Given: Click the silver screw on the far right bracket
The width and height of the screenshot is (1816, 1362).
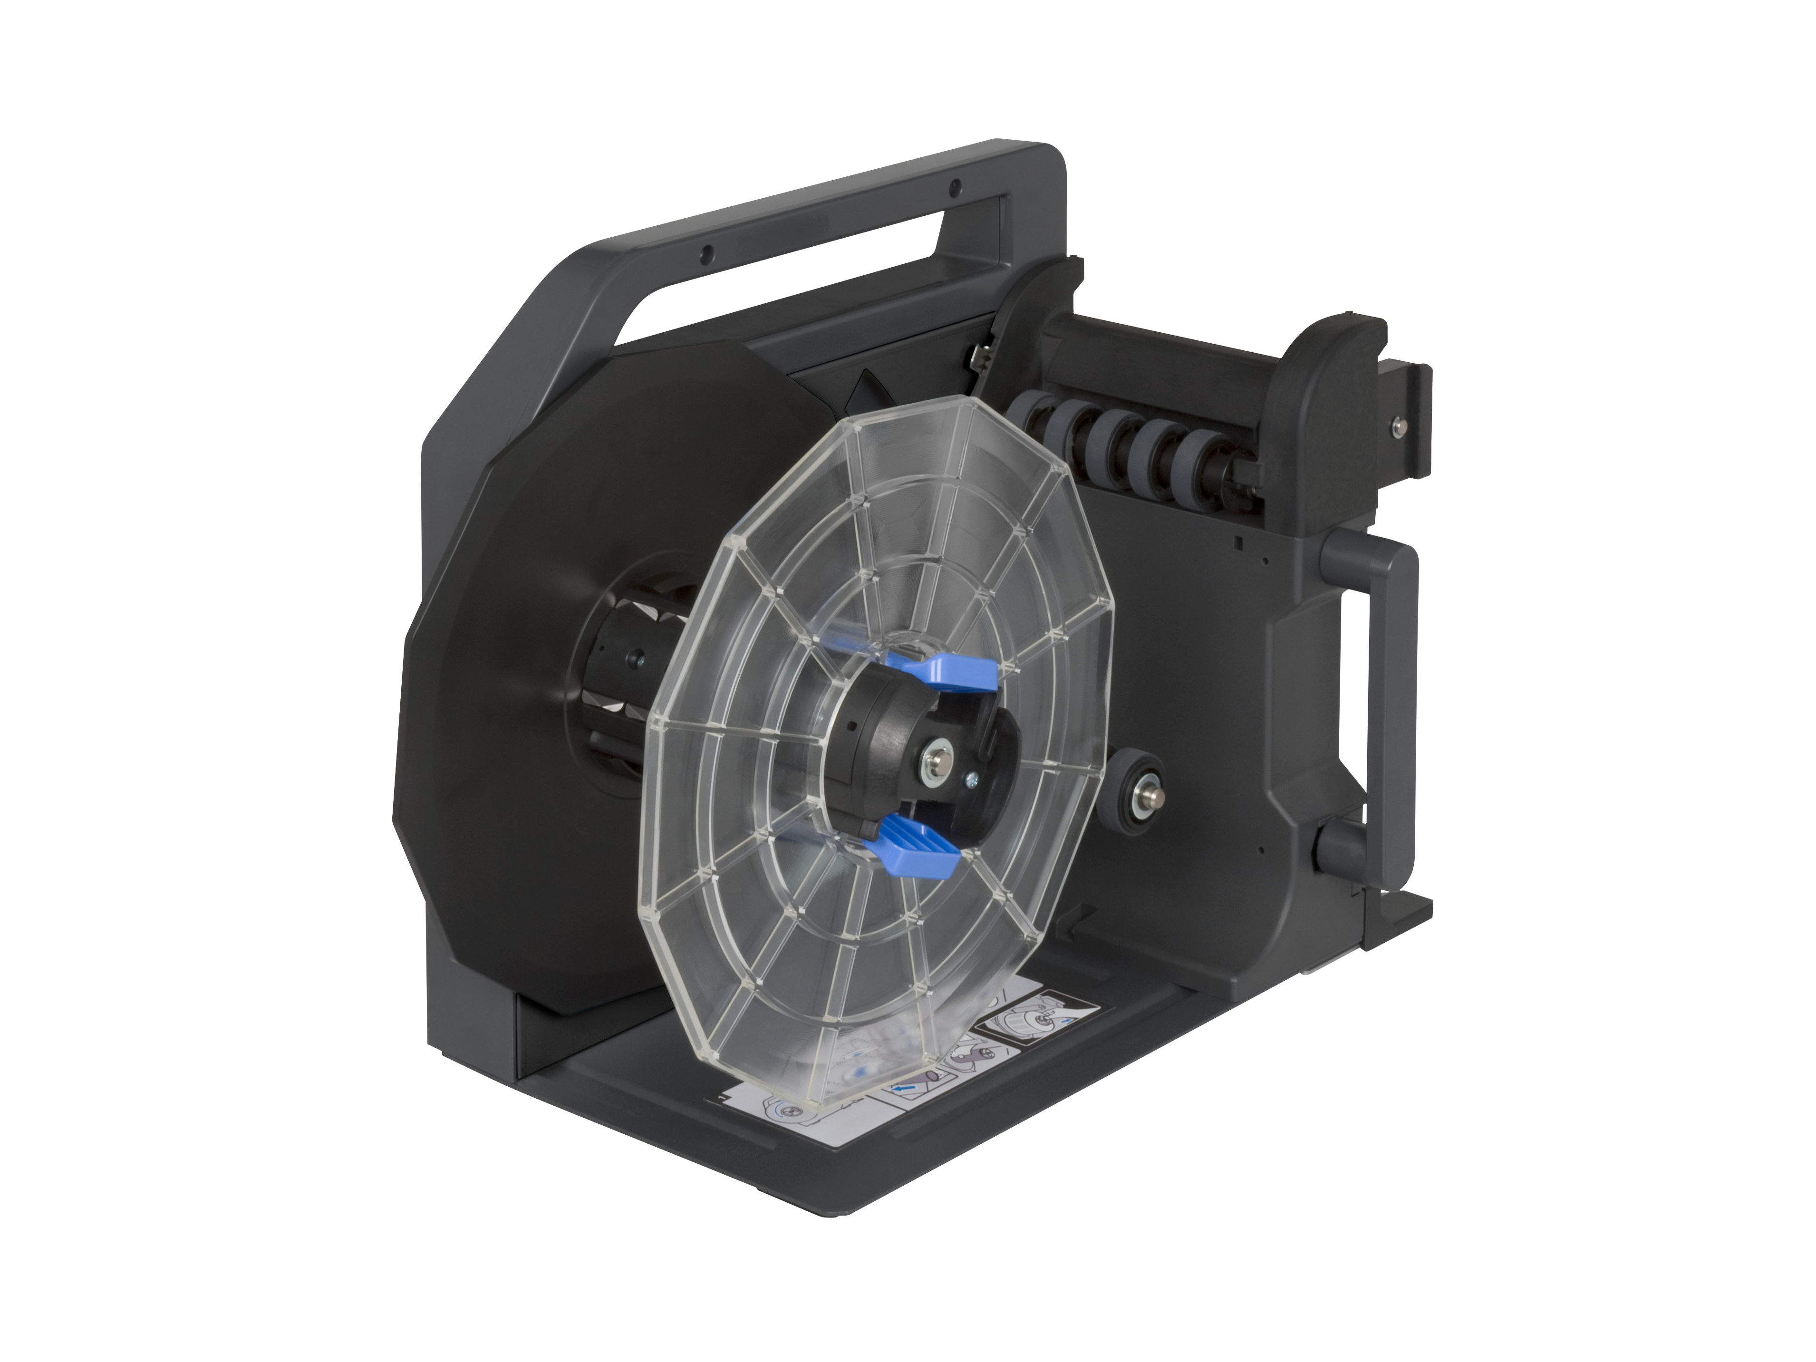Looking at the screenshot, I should pos(1396,423).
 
